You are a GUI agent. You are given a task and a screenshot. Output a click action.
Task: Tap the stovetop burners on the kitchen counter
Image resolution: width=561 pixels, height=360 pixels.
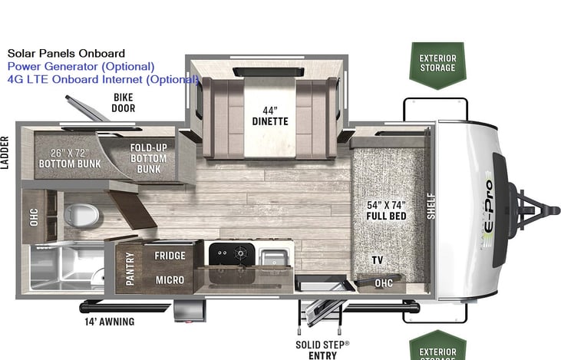tap(228, 254)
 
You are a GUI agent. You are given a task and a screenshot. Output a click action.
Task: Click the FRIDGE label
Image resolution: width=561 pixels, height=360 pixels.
tap(170, 256)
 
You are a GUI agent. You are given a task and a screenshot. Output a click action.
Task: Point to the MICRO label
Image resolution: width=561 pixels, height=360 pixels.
tap(170, 279)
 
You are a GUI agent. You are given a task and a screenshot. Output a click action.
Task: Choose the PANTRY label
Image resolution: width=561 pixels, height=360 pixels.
tap(129, 269)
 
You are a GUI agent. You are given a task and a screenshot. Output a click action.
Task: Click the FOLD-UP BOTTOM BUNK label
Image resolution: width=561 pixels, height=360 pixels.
tap(149, 158)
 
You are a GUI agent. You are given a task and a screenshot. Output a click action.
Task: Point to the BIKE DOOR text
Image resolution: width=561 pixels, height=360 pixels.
tap(124, 103)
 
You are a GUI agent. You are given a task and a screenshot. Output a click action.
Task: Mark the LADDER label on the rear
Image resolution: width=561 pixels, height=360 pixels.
tap(5, 154)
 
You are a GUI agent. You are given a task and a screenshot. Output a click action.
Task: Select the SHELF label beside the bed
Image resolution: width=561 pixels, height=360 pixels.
tap(431, 206)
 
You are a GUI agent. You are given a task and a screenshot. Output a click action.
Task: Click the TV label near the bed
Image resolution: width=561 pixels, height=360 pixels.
tap(377, 260)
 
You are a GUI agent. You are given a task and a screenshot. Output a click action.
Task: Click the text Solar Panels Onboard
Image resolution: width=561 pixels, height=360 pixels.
tap(66, 54)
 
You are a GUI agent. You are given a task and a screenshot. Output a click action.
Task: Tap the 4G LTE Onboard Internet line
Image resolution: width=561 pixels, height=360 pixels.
tap(102, 79)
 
